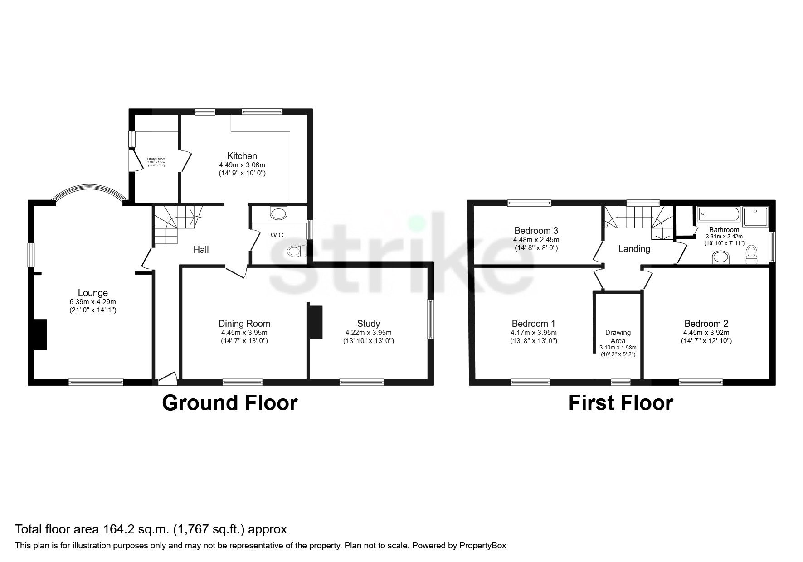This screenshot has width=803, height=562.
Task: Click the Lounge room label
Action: pos(92,293)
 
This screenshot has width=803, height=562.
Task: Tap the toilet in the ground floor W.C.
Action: pos(296,251)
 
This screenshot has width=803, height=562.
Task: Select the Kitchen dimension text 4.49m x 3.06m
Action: pos(242,165)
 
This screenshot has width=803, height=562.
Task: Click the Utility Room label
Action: pos(156,159)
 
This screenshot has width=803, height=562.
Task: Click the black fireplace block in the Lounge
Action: pos(40,334)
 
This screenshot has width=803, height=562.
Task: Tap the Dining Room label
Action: pos(244,324)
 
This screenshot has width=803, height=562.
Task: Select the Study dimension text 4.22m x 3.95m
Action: pos(368,332)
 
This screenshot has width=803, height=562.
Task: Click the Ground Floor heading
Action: pos(229,403)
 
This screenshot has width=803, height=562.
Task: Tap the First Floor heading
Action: pos(620,403)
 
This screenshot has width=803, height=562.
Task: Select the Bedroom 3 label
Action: pos(536,231)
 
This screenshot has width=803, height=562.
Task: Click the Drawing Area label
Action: pos(618,337)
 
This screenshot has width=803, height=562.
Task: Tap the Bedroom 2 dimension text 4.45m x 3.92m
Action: pos(706,332)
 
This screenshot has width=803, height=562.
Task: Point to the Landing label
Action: pos(634,249)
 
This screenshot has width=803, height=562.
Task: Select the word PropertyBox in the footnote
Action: pos(482,546)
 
